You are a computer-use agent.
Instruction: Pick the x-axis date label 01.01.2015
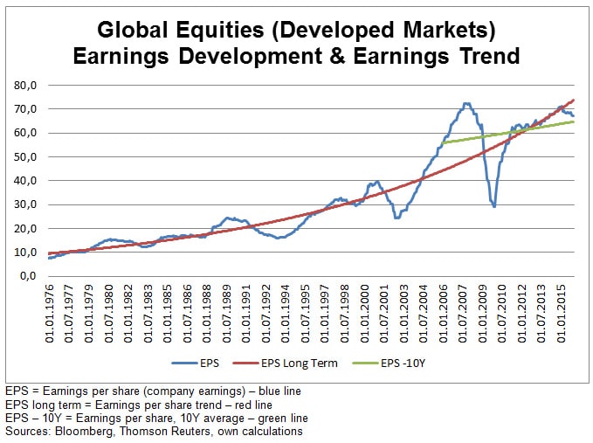pyautogui.click(x=562, y=314)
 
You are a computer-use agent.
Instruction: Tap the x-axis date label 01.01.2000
pyautogui.click(x=365, y=314)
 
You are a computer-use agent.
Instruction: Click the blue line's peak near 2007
pyautogui.click(x=466, y=103)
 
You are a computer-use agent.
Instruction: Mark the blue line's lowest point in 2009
pyautogui.click(x=494, y=206)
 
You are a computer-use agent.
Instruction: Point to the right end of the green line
pyautogui.click(x=574, y=121)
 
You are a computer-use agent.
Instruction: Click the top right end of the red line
pyautogui.click(x=574, y=100)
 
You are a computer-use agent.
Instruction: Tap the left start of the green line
pyautogui.click(x=443, y=142)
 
